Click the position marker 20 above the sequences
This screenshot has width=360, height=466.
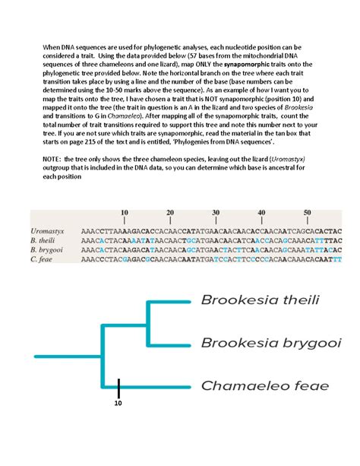[170, 212]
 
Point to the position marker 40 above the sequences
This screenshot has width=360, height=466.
[261, 212]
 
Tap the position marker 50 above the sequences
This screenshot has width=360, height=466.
[307, 212]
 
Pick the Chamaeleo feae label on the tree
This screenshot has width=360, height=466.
[264, 385]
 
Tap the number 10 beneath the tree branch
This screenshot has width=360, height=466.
[118, 404]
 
